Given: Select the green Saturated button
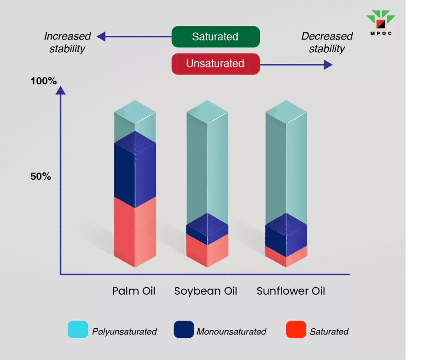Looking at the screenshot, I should pyautogui.click(x=215, y=37).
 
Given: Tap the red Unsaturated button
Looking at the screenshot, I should pyautogui.click(x=215, y=64).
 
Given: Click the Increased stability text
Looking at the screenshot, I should pyautogui.click(x=67, y=42).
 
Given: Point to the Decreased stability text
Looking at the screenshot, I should pyautogui.click(x=327, y=42).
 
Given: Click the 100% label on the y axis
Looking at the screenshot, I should pyautogui.click(x=44, y=81).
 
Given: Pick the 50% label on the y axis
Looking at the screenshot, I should pyautogui.click(x=40, y=177).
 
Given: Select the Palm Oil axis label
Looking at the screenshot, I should pyautogui.click(x=134, y=291).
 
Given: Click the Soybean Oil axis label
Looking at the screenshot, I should pyautogui.click(x=206, y=291).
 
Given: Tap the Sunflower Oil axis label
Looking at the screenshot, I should pyautogui.click(x=291, y=291).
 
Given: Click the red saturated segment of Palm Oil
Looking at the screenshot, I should pyautogui.click(x=135, y=235).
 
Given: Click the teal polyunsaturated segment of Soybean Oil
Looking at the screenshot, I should pyautogui.click(x=207, y=165).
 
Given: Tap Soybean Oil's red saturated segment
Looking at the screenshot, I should pyautogui.click(x=207, y=251).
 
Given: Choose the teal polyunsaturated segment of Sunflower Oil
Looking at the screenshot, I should pyautogui.click(x=286, y=165).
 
